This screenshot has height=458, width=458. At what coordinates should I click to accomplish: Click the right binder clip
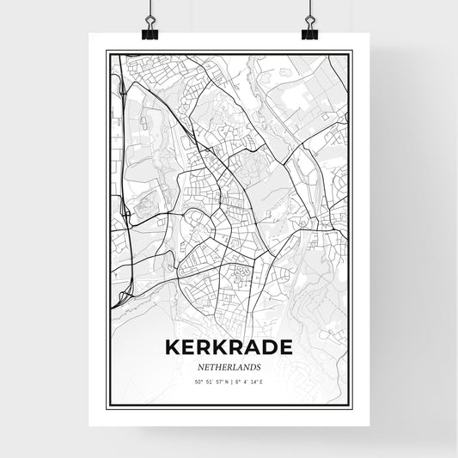309,33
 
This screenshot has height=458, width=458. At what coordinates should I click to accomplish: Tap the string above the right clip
308,10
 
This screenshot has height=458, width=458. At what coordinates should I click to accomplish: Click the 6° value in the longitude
238,380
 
